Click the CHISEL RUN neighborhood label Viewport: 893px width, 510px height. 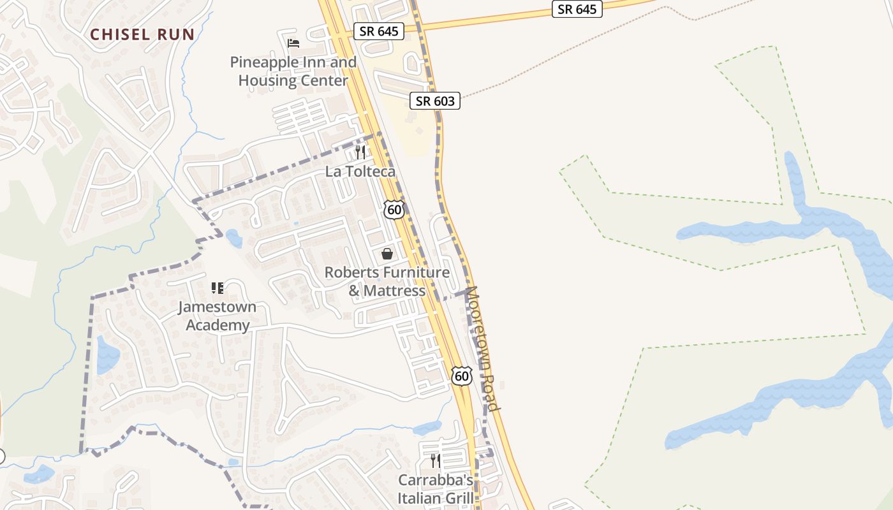[x=142, y=34]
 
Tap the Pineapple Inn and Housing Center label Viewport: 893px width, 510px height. [x=293, y=71]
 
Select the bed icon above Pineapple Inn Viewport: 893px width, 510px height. [x=293, y=43]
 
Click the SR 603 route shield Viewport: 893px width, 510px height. [x=436, y=101]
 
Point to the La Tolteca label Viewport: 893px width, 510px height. [x=360, y=171]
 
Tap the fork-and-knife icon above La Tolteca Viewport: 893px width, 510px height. [x=360, y=152]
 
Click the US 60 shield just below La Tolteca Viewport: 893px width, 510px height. [x=394, y=209]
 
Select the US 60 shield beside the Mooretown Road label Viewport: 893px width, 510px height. [x=462, y=375]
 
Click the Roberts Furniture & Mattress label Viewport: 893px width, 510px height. [x=387, y=281]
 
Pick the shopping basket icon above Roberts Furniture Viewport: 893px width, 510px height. [x=387, y=254]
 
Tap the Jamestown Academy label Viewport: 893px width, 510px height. [x=217, y=316]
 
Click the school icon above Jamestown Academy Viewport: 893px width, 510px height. [x=218, y=288]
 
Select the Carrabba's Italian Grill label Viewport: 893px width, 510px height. [x=436, y=488]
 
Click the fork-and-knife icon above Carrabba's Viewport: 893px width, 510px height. [x=436, y=460]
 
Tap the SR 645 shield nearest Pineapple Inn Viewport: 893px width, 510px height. [x=380, y=31]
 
